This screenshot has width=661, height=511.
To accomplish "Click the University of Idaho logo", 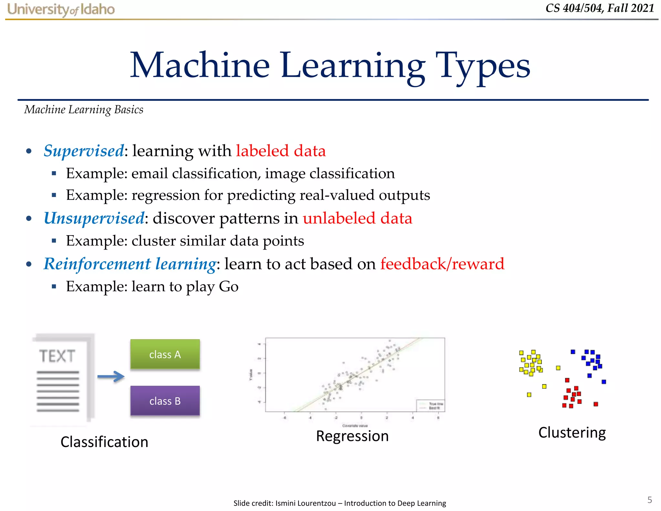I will pyautogui.click(x=61, y=9).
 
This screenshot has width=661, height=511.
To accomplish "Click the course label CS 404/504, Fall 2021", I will pyautogui.click(x=600, y=8).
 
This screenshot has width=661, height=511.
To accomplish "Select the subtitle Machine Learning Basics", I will pyautogui.click(x=84, y=110).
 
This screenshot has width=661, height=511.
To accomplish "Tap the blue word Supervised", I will pyautogui.click(x=84, y=151).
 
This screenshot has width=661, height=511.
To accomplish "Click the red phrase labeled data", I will pyautogui.click(x=281, y=151).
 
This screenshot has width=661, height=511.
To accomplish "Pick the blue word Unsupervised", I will pyautogui.click(x=94, y=218).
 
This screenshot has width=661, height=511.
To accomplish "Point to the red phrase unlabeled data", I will pyautogui.click(x=357, y=218).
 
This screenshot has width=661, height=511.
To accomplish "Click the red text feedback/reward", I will pyautogui.click(x=442, y=264).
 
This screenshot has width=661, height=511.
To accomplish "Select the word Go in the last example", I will pyautogui.click(x=229, y=287).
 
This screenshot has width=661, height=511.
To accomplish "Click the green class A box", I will pyautogui.click(x=165, y=354).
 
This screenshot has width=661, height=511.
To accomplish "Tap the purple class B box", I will pyautogui.click(x=165, y=401).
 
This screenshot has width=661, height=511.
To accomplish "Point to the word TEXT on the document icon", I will pyautogui.click(x=57, y=356).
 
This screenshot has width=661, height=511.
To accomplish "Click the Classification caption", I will pyautogui.click(x=104, y=442).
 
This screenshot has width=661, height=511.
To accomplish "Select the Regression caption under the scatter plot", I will pyautogui.click(x=352, y=436).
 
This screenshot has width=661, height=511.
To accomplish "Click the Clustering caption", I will pyautogui.click(x=572, y=433).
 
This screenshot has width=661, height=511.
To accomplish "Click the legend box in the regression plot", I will pyautogui.click(x=430, y=406).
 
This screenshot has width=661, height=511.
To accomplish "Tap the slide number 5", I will pyautogui.click(x=649, y=500).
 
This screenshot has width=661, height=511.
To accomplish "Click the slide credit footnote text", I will pyautogui.click(x=340, y=503).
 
